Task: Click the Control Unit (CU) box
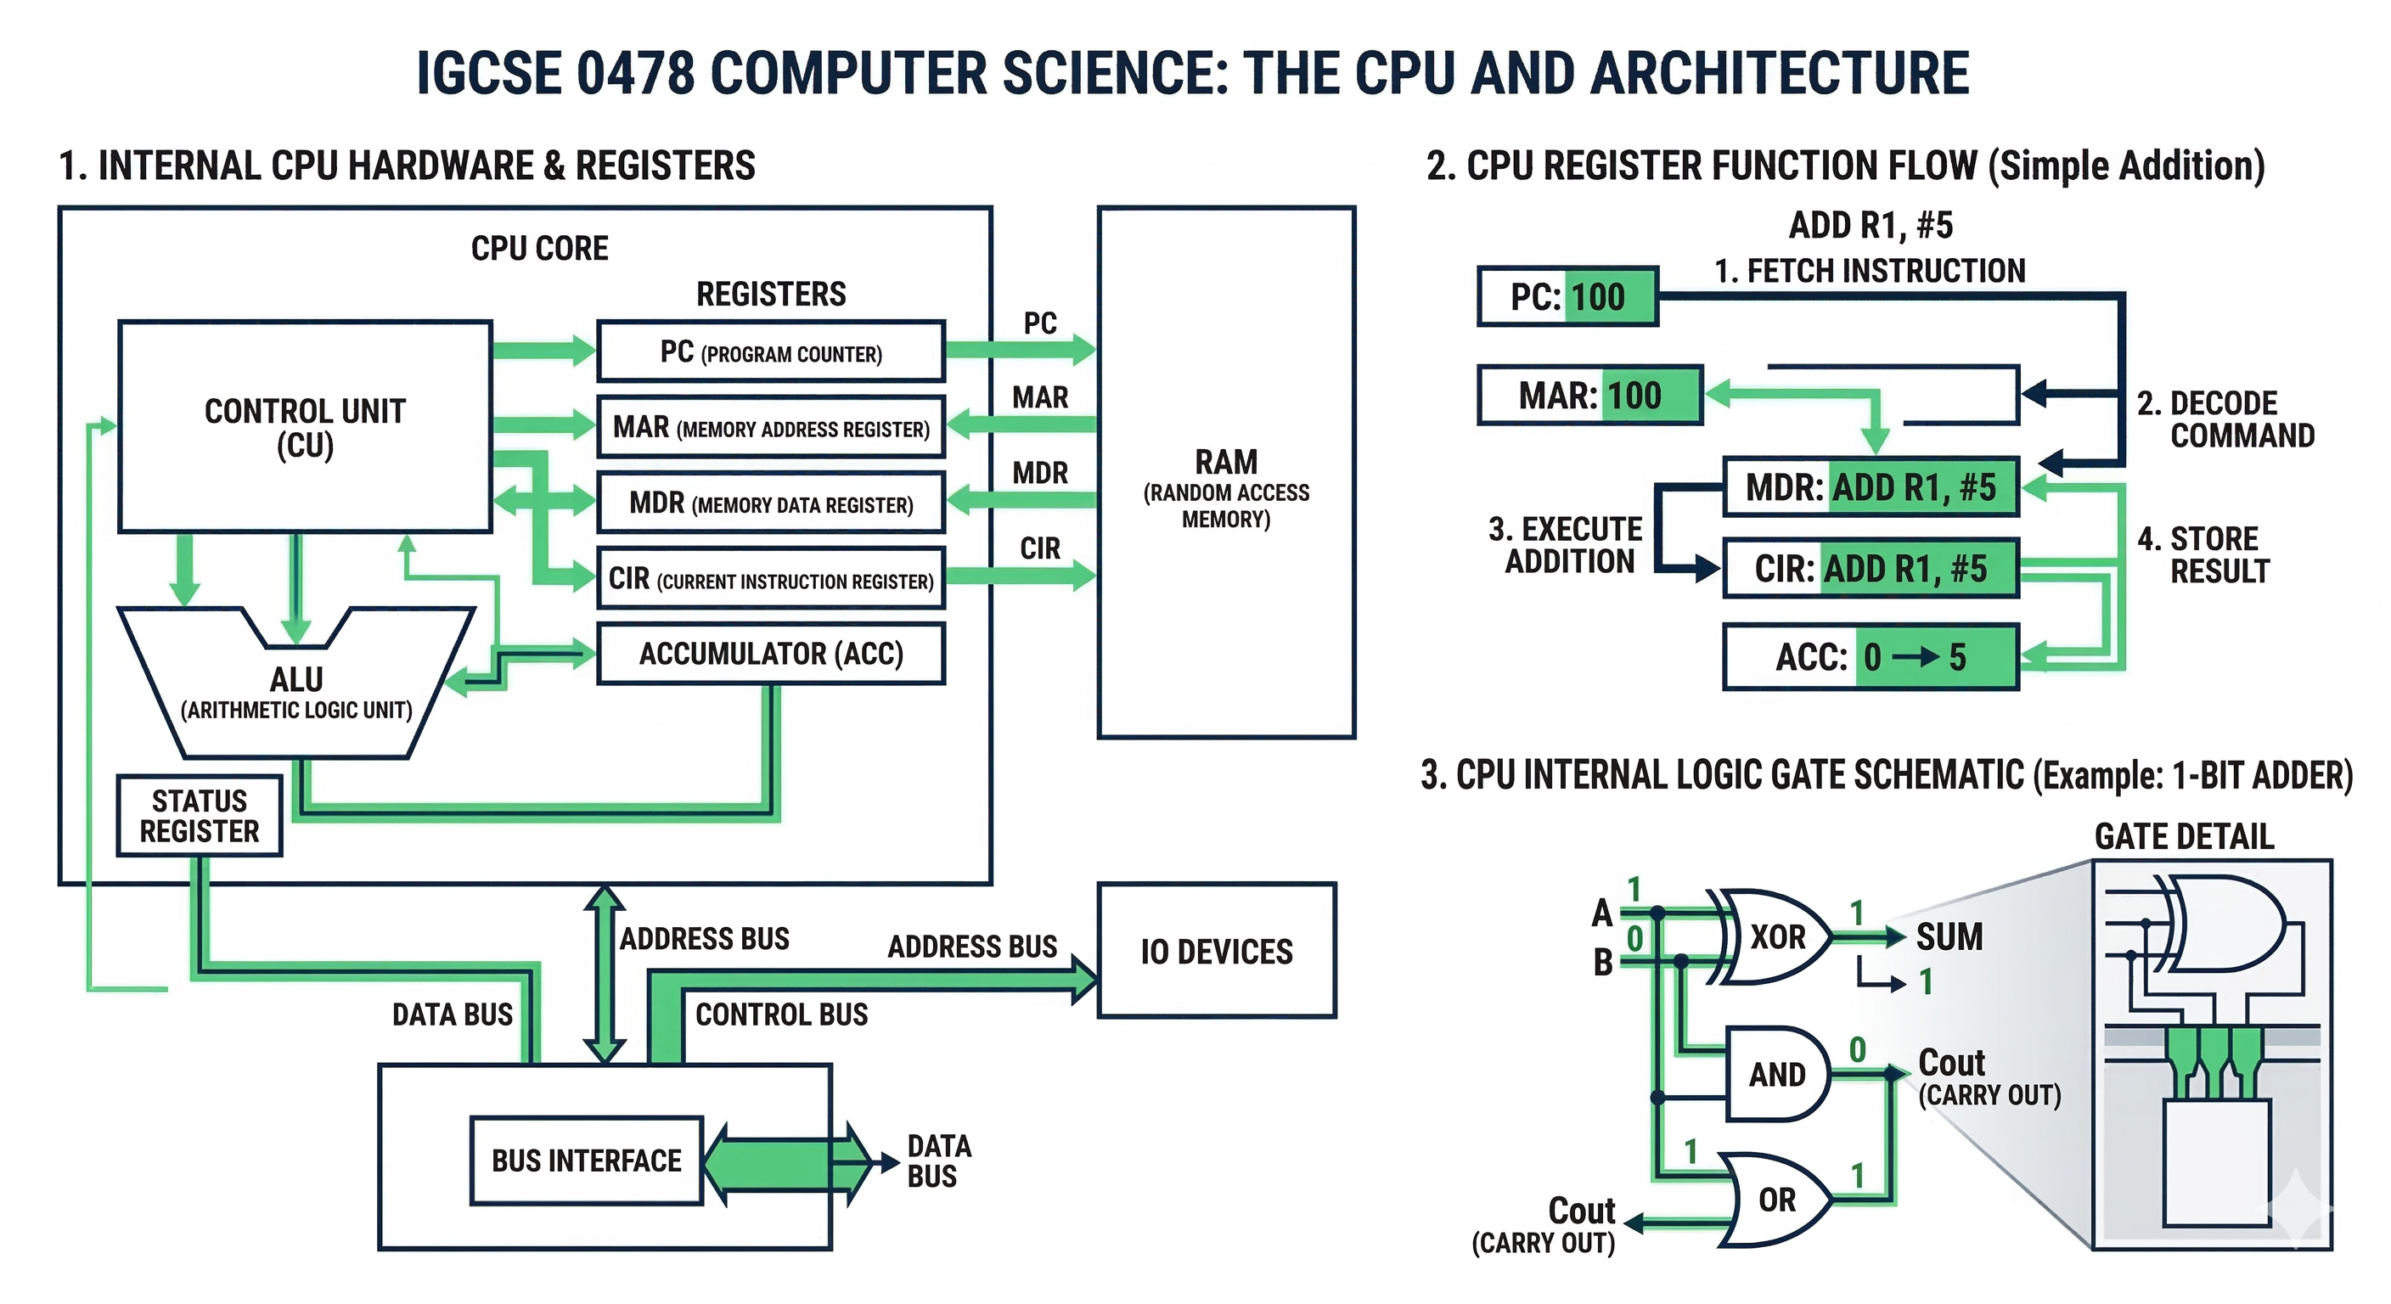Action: pos(305,427)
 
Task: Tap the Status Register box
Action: pos(200,816)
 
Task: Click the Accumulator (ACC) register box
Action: pos(770,655)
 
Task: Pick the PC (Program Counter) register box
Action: pos(770,351)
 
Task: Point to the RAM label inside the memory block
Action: pos(1226,462)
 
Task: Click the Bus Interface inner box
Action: pos(587,1161)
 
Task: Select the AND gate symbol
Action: pos(1775,1074)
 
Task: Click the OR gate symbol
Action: pos(1775,1199)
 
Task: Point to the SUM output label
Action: pos(1949,936)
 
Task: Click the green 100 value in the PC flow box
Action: pos(1598,297)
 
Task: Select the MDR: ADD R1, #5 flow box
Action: pos(1871,487)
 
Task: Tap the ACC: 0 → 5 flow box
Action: pos(1871,657)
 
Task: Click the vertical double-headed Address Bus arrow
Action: pos(605,974)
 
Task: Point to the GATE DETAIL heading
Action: pos(2183,836)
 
